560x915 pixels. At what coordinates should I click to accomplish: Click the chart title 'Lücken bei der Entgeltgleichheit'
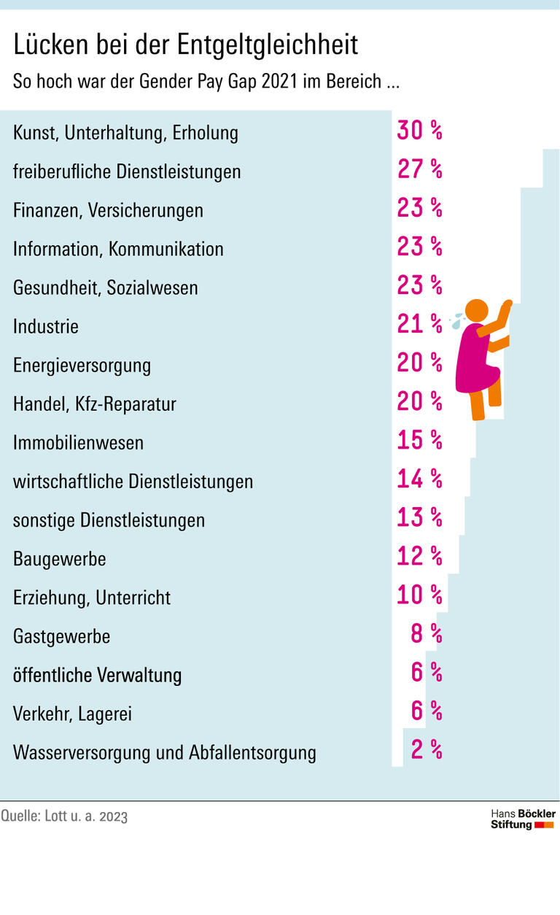[186, 45]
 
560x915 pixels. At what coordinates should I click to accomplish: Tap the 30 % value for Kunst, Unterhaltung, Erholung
[419, 131]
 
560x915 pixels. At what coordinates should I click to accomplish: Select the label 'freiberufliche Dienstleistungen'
[127, 171]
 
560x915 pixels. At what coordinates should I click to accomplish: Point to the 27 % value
[419, 169]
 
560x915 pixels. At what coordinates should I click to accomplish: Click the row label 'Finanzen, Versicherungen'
[108, 211]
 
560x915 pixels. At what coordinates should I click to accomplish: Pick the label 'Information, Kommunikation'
[118, 250]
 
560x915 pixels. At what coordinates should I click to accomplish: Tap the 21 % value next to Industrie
[419, 324]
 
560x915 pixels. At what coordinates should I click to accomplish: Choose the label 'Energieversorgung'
[82, 365]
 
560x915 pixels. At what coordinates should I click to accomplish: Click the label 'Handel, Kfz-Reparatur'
[95, 404]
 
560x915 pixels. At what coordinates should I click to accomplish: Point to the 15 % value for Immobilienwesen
[419, 440]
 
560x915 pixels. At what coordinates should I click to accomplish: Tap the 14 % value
[419, 479]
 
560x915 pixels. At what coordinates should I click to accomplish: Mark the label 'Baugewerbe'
[60, 559]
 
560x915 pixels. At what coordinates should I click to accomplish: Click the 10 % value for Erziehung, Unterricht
[419, 595]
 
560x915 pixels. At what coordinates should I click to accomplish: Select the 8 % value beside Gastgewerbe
[426, 633]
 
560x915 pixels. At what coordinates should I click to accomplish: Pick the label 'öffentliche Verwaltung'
[98, 675]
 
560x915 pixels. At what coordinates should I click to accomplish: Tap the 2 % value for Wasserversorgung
[426, 749]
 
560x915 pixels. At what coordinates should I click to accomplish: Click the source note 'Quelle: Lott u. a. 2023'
[64, 816]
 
